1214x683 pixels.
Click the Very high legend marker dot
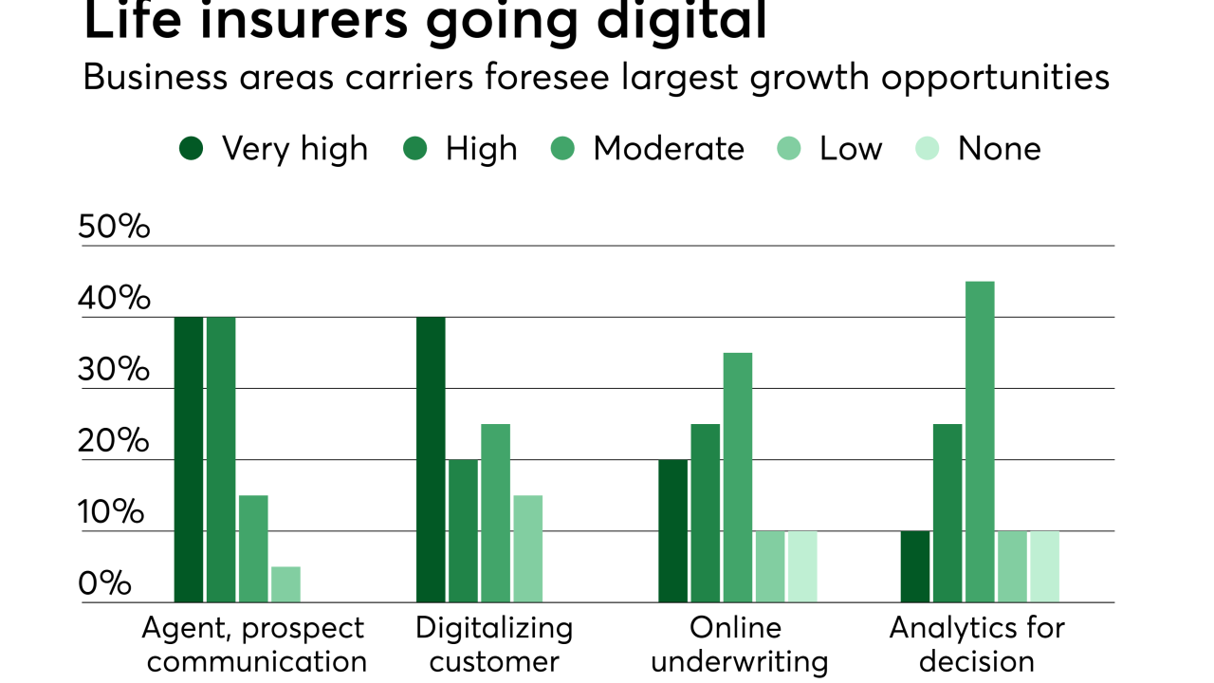point(192,149)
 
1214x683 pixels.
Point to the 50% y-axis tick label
point(115,228)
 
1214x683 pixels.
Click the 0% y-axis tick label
point(104,584)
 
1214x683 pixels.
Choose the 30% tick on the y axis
point(115,370)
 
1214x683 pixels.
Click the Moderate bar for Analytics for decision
point(980,441)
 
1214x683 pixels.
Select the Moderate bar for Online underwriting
point(738,477)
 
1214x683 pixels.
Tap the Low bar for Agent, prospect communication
point(285,584)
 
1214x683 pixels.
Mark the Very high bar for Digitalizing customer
point(431,459)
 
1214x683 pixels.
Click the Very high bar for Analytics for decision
point(915,566)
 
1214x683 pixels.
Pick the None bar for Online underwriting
point(802,566)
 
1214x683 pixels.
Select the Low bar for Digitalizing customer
point(527,548)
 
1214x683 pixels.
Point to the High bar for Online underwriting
point(706,512)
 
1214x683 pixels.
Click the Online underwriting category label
point(738,644)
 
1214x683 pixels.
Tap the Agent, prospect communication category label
point(253,644)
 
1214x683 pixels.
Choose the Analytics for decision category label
point(977,644)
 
